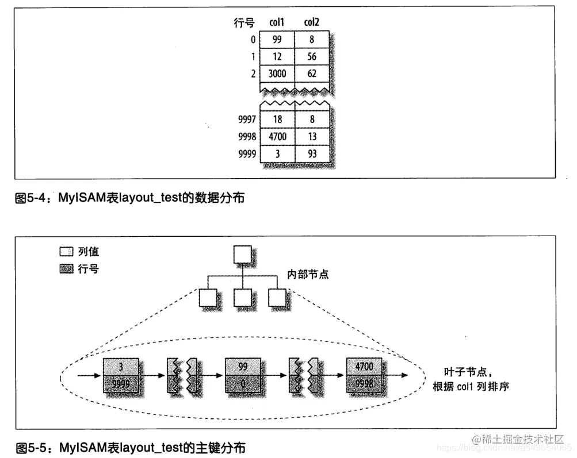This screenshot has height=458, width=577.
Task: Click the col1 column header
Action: tap(277, 22)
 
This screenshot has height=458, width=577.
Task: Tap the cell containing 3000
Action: tap(277, 73)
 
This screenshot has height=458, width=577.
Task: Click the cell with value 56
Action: tap(311, 56)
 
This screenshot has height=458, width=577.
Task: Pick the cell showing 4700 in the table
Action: tap(277, 137)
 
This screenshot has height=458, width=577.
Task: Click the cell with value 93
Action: tap(311, 153)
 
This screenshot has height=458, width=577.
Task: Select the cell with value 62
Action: tap(311, 73)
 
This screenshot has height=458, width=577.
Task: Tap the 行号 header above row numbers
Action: tap(244, 23)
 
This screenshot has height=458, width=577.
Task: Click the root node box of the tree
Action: tap(242, 255)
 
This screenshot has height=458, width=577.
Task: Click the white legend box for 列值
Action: tap(67, 252)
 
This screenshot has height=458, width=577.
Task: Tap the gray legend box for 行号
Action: tap(67, 268)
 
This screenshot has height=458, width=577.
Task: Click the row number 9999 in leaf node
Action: tap(120, 383)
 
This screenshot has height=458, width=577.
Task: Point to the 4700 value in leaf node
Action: tap(364, 367)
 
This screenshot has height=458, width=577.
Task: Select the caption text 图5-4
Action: tap(32, 198)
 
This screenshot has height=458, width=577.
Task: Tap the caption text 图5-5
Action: tap(32, 447)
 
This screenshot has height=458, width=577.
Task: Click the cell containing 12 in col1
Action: tap(277, 56)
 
